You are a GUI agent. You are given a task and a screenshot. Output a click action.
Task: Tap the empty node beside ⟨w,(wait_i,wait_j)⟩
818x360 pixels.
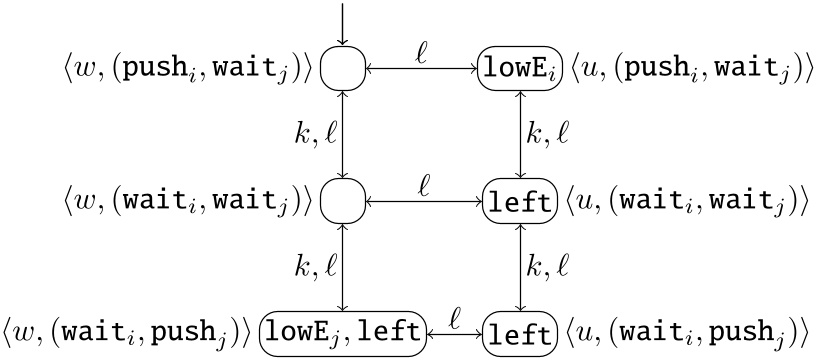pyautogui.click(x=343, y=201)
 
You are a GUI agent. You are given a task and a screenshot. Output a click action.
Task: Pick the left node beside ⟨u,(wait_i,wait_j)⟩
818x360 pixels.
pyautogui.click(x=518, y=201)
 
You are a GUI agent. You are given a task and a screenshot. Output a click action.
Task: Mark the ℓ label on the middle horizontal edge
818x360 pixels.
pyautogui.click(x=424, y=183)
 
